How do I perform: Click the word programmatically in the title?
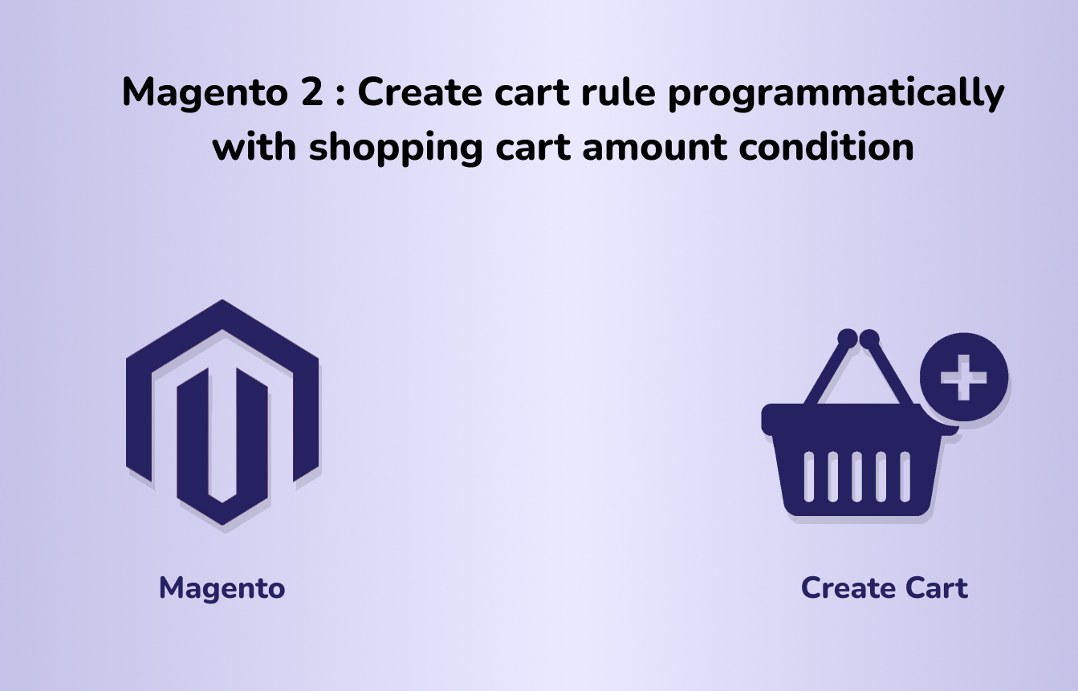(x=836, y=93)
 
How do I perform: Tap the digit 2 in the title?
(x=312, y=91)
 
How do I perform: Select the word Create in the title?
(x=420, y=91)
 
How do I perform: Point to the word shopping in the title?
(x=395, y=148)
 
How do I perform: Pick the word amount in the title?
(x=654, y=148)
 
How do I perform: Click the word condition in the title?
(x=826, y=146)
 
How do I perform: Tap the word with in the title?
(x=254, y=146)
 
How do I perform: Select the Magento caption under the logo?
(x=222, y=589)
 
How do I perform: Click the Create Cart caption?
(x=884, y=588)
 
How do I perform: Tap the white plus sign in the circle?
(x=963, y=378)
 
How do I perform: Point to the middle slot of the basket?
(x=856, y=477)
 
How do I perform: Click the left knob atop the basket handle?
(x=848, y=339)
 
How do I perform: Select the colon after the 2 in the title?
(x=340, y=94)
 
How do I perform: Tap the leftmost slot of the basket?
(x=809, y=477)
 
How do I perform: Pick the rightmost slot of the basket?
(x=905, y=477)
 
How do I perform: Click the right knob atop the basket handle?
(x=869, y=339)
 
